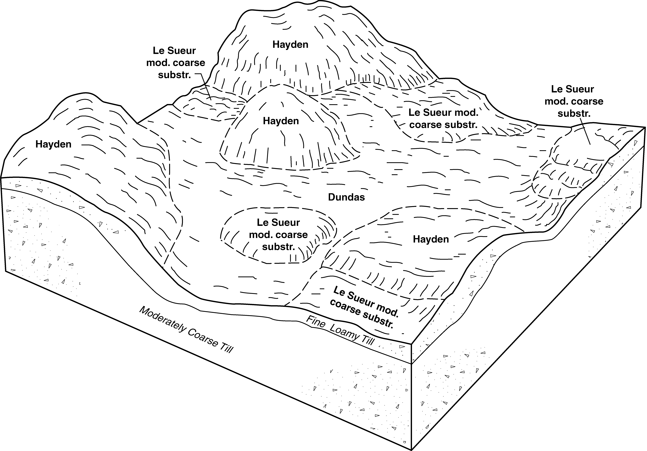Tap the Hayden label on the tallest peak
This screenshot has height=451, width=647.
tap(290, 45)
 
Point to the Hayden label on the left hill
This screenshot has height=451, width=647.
tap(53, 144)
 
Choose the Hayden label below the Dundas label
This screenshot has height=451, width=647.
tap(431, 239)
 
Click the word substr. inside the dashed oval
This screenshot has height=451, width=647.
tap(278, 247)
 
